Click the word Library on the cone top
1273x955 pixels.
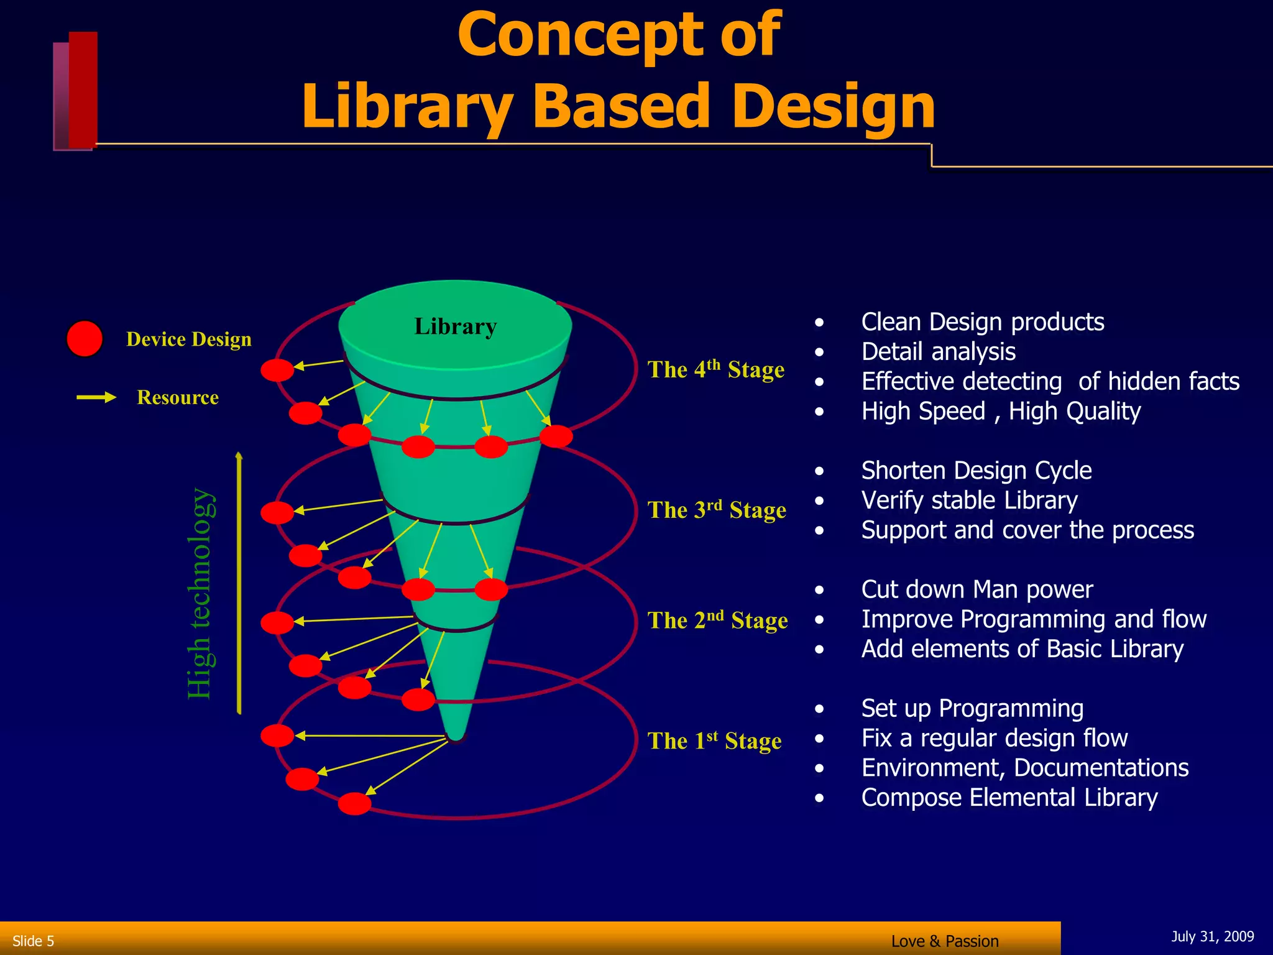[456, 326]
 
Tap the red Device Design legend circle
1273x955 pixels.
[85, 339]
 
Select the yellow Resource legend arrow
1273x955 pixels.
[96, 397]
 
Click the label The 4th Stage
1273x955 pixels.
[716, 369]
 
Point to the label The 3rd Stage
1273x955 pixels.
[717, 510]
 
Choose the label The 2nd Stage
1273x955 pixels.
[717, 620]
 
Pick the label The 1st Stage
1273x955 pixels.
[714, 740]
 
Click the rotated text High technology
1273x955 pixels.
[200, 594]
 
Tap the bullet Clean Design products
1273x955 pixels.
[982, 322]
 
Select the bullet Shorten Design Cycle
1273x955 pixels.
[976, 471]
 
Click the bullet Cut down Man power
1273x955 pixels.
[977, 589]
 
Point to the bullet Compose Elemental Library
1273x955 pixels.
[1009, 798]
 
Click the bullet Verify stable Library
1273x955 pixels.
[969, 501]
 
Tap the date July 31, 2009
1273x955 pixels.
[1212, 936]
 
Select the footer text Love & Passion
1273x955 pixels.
[944, 941]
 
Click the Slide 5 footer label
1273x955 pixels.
[34, 941]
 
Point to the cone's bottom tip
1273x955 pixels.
[456, 736]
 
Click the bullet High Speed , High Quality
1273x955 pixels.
[1001, 412]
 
